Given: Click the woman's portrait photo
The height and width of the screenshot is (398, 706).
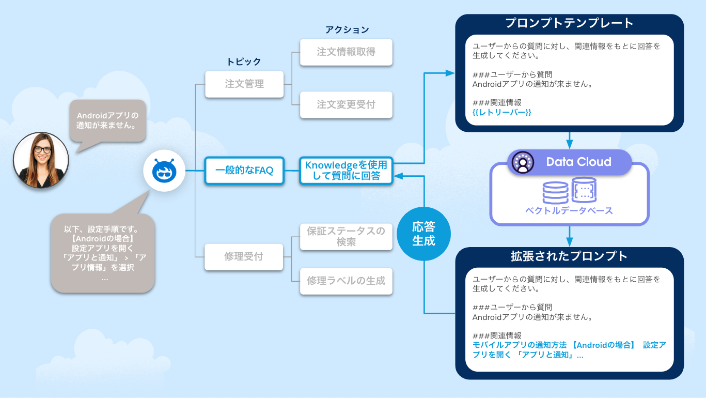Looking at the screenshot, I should tap(41, 160).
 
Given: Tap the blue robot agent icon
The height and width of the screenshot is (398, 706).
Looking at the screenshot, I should tap(164, 171).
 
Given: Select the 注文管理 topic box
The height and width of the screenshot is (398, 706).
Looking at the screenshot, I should tap(244, 84).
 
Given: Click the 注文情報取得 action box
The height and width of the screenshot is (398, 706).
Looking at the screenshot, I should tap(346, 52).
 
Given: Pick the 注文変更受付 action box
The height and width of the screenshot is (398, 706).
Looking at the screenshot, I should tap(346, 105).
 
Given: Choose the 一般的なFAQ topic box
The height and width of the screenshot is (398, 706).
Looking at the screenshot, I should tap(244, 171).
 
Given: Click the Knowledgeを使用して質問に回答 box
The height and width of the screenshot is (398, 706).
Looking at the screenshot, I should tap(346, 171).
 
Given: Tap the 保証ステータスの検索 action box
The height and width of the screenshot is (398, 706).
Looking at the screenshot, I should tap(346, 236).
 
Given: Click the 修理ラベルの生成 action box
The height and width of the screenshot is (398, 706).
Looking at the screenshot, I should tap(346, 281).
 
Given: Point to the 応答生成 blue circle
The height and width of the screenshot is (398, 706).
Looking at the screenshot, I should tap(423, 234).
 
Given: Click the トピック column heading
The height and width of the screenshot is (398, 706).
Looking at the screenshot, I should tap(244, 62).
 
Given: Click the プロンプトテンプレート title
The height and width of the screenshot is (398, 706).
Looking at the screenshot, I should tap(569, 23).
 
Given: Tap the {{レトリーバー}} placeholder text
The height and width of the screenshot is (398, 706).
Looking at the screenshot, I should tap(501, 112).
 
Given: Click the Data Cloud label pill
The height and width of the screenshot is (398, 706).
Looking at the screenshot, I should tap(569, 162).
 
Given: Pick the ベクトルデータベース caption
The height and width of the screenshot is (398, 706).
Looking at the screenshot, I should tap(569, 210).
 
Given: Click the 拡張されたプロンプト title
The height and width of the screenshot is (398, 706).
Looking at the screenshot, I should tap(569, 256).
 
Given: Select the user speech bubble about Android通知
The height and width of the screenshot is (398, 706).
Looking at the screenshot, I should tap(107, 120).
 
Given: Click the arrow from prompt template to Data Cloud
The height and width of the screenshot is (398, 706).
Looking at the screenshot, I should tap(569, 140).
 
